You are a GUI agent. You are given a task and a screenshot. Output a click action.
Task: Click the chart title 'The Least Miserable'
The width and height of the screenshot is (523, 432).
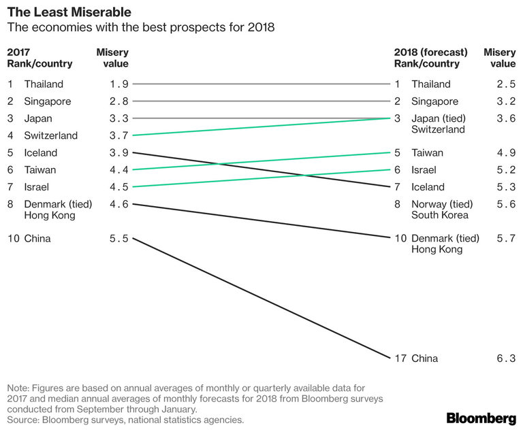[69, 12]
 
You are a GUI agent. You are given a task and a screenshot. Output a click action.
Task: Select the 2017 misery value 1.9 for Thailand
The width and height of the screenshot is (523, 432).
[118, 84]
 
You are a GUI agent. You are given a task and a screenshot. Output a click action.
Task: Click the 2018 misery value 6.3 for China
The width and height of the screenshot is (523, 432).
[505, 358]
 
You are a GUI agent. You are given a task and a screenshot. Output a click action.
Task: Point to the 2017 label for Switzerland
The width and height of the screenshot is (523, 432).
[50, 135]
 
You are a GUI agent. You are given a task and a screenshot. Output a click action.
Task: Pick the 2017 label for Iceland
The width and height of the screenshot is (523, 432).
[40, 152]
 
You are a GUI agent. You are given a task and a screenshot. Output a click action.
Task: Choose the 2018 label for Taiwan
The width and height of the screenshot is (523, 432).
[427, 153]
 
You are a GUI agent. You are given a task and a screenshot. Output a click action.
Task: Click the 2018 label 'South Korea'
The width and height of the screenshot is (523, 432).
[440, 215]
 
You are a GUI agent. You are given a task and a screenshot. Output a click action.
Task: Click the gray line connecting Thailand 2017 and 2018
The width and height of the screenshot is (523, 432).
[259, 84]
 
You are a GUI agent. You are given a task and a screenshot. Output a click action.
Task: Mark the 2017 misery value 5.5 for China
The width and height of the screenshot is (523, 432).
[118, 239]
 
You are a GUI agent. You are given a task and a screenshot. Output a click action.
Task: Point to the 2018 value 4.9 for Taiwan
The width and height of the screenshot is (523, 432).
[505, 153]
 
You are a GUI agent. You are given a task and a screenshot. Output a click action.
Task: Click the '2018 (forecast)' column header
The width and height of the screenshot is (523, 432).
[430, 52]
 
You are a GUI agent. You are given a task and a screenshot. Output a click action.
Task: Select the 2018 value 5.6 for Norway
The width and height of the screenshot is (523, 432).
[505, 204]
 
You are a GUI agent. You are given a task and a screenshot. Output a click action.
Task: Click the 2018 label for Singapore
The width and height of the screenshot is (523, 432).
[434, 101]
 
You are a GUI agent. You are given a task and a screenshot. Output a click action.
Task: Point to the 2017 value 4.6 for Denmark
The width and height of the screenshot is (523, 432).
[118, 204]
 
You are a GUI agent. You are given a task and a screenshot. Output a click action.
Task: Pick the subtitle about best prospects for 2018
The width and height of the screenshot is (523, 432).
[140, 28]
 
